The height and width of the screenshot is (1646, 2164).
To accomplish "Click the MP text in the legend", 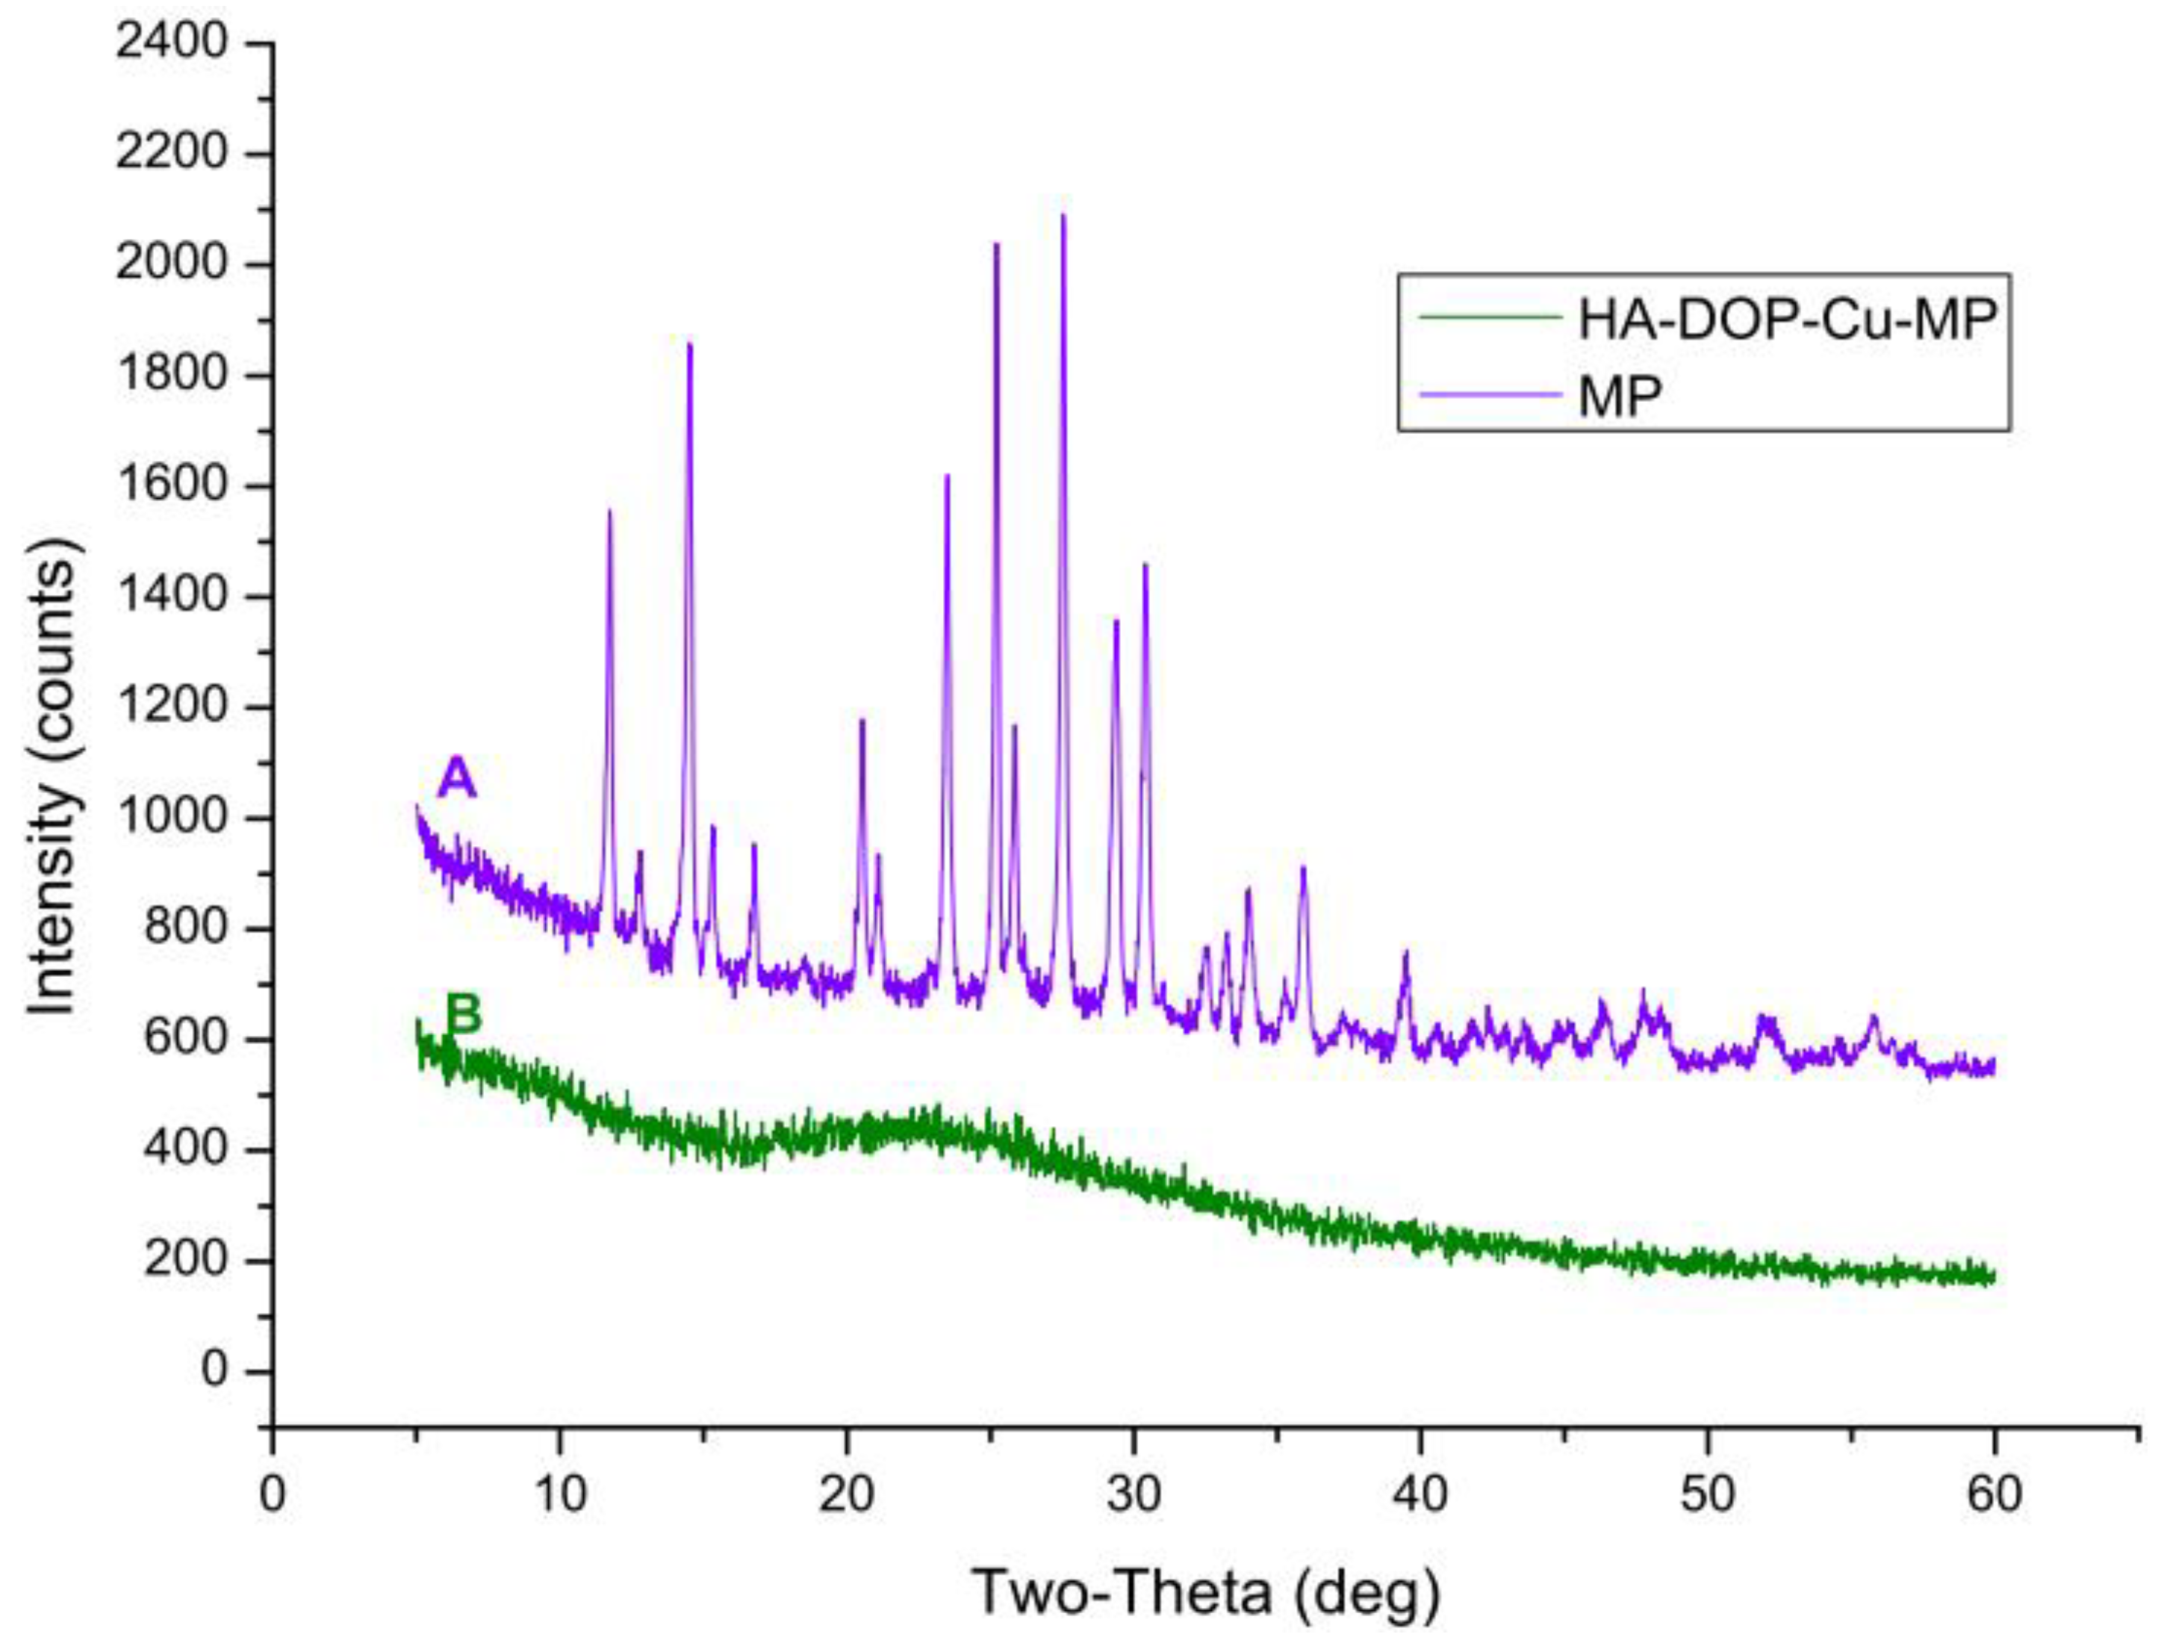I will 1620,396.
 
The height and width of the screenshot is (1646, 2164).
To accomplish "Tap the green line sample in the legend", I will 1489,317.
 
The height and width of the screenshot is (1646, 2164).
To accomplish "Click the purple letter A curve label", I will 456,778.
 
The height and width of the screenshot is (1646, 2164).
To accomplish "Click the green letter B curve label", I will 464,1014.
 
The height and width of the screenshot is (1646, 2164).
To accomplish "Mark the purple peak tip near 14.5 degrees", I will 690,346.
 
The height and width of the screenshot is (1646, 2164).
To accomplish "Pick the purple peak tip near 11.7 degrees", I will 609,512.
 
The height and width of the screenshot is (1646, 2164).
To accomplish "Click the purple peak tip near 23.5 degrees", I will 946,477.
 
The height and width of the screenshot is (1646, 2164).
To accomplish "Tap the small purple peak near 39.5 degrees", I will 1406,953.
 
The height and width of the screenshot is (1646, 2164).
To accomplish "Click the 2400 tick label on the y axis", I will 172,44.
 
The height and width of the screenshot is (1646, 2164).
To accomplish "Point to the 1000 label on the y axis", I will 172,818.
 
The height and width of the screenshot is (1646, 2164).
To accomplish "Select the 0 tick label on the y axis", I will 214,1370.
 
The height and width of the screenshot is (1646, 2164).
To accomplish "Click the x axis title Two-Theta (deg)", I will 1207,1592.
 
